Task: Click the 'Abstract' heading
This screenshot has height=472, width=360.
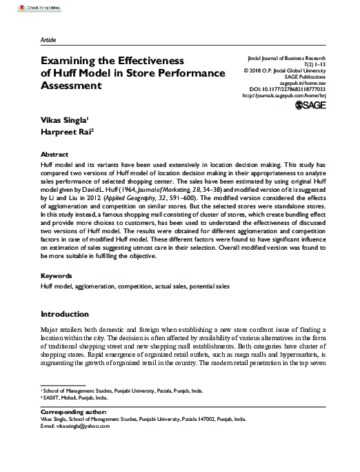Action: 54,155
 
